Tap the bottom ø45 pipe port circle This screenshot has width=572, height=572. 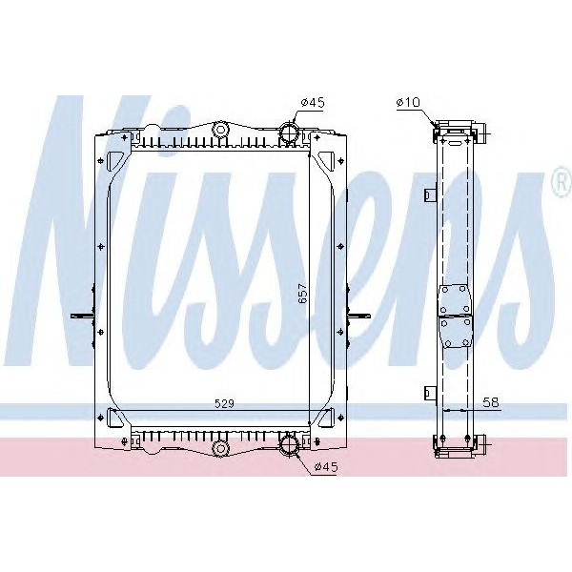[289, 443]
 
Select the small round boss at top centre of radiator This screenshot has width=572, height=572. [220, 128]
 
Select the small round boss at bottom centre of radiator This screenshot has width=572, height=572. [220, 446]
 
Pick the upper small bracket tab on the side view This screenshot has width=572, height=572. [430, 195]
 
